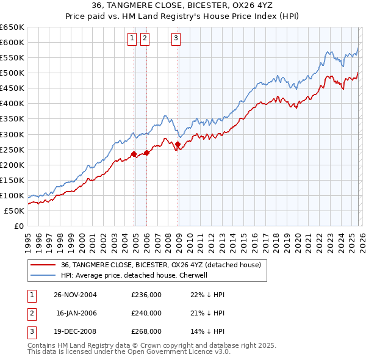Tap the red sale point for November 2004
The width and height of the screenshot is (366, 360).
point(134,154)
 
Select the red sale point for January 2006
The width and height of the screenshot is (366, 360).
point(146,153)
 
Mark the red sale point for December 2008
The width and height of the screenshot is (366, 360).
point(178,144)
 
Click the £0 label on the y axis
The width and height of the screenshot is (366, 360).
point(18,226)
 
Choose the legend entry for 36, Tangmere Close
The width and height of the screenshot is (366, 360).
point(161,265)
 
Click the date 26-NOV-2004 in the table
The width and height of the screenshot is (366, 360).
point(76,295)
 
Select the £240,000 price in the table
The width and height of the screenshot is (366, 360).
point(146,313)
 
